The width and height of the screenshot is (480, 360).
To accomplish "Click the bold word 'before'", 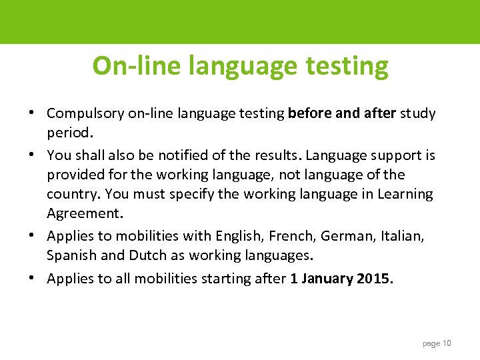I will (311, 113).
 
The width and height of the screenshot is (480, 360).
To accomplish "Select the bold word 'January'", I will (326, 278).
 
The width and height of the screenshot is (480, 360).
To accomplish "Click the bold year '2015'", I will (374, 278).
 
